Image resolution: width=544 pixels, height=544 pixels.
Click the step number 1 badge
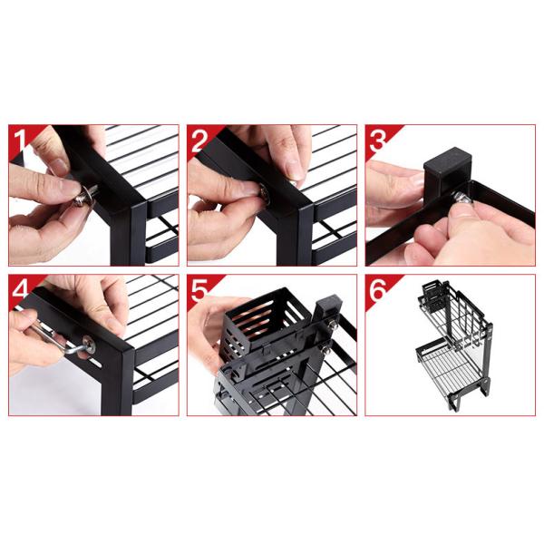[20, 141]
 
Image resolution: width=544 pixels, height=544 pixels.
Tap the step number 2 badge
[199, 141]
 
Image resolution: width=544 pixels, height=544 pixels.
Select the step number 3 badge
[377, 141]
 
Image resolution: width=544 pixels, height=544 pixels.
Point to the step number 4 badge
[20, 290]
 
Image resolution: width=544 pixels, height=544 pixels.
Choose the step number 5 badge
[199, 290]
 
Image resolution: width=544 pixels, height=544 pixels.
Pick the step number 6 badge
[377, 290]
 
